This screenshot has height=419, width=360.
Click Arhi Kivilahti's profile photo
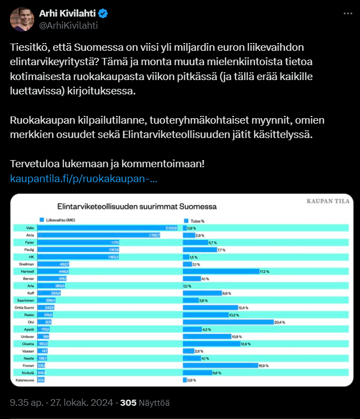coord(22,20)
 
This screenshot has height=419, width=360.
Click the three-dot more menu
coord(346,13)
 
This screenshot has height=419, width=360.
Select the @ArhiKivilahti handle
coord(68,25)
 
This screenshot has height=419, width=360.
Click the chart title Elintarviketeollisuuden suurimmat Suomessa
coord(134,206)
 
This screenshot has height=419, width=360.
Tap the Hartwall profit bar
coord(221,272)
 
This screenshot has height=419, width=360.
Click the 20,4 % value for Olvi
coord(279,322)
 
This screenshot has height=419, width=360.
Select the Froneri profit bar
coord(220,365)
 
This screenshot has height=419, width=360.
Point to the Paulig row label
coord(30,250)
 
